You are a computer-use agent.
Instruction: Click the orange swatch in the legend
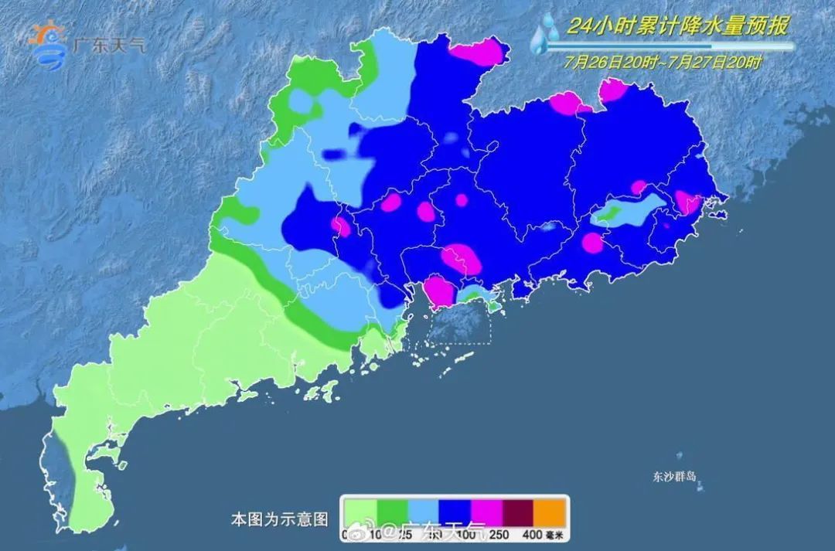(551, 512)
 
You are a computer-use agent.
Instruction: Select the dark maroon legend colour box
(520, 512)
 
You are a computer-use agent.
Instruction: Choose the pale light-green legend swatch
(360, 512)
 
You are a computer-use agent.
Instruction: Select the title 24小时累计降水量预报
(677, 26)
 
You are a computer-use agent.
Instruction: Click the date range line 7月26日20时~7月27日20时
(663, 63)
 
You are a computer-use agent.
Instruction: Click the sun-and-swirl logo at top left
(48, 45)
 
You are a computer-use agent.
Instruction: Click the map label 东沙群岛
(674, 477)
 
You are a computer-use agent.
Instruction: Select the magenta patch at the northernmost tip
(476, 52)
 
